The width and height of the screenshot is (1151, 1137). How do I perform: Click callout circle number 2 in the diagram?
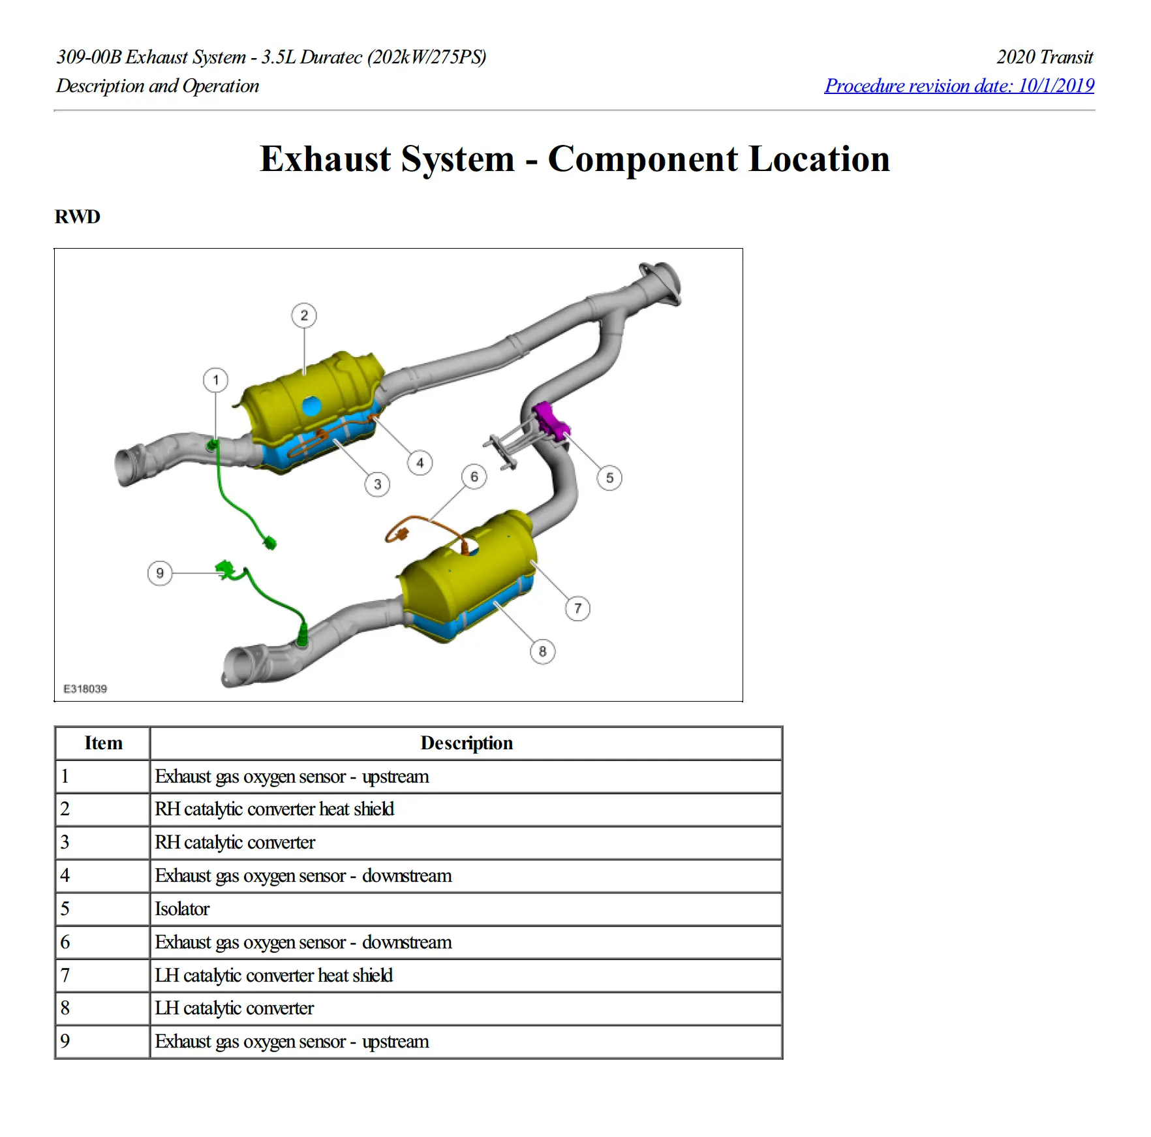pyautogui.click(x=304, y=316)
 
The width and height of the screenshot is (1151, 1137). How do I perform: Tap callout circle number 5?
pyautogui.click(x=609, y=478)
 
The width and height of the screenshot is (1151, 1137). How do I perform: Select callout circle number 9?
pyautogui.click(x=160, y=574)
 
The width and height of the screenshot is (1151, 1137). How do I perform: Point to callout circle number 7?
pyautogui.click(x=577, y=609)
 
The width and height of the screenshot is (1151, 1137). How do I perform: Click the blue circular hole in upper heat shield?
pyautogui.click(x=312, y=405)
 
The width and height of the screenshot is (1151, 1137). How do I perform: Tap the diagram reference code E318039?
pyautogui.click(x=85, y=689)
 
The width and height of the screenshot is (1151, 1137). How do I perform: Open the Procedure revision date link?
pyautogui.click(x=959, y=86)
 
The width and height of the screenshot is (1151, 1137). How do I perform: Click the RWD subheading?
pyautogui.click(x=78, y=217)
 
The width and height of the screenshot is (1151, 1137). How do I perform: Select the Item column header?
pyautogui.click(x=103, y=743)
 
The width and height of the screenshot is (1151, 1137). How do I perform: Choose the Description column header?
pyautogui.click(x=466, y=743)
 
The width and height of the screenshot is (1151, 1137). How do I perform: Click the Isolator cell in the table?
pyautogui.click(x=182, y=909)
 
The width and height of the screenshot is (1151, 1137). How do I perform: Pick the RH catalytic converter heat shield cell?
pyautogui.click(x=274, y=809)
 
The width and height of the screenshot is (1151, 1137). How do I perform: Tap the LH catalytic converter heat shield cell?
pyautogui.click(x=273, y=976)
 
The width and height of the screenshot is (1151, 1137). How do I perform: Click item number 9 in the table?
pyautogui.click(x=65, y=1042)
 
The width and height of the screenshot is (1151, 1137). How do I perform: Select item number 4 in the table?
pyautogui.click(x=65, y=876)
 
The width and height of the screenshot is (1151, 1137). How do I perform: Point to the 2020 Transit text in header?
pyautogui.click(x=1044, y=57)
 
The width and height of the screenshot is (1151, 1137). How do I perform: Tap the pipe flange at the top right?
pyautogui.click(x=661, y=283)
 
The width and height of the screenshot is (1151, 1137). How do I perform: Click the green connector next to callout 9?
pyautogui.click(x=225, y=568)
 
